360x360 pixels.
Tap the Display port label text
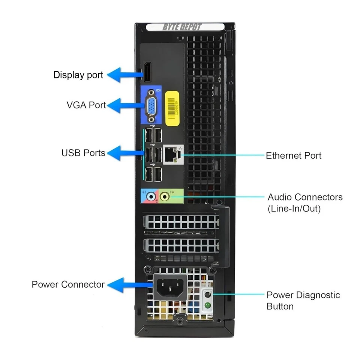click(x=78, y=75)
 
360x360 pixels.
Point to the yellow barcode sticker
click(x=172, y=106)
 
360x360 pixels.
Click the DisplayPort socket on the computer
click(x=147, y=72)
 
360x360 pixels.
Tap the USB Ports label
click(x=83, y=153)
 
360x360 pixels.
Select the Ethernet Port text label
click(x=293, y=155)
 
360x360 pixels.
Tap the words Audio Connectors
click(x=304, y=197)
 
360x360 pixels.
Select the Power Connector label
click(x=68, y=284)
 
